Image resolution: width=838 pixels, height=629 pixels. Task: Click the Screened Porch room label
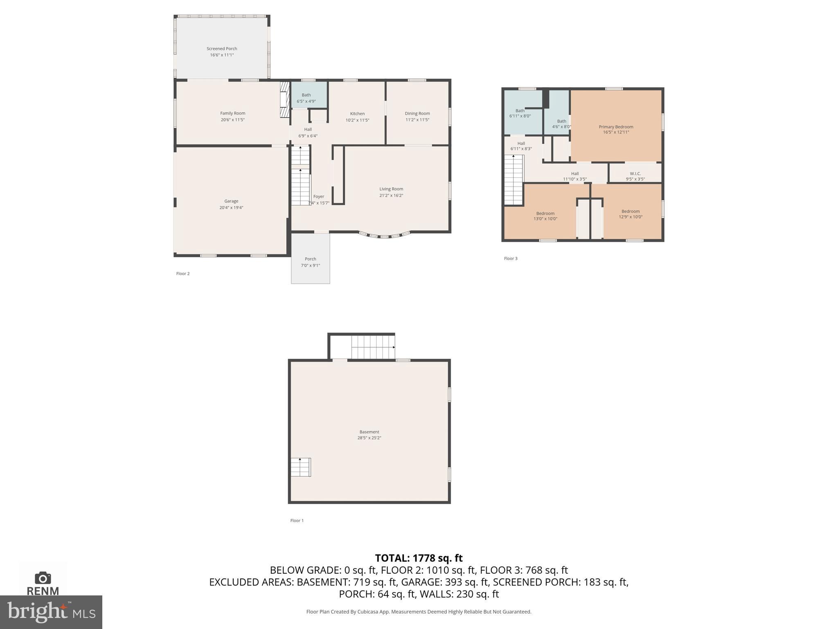click(x=221, y=49)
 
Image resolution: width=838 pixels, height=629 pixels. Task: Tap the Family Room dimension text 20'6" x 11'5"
click(x=232, y=120)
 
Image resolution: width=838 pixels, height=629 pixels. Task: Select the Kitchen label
click(x=357, y=114)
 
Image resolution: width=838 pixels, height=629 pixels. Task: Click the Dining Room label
click(x=417, y=114)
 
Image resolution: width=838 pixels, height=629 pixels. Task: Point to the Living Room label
click(x=391, y=189)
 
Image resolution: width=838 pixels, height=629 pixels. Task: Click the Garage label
click(x=231, y=201)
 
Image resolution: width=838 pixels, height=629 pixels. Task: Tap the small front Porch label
click(x=310, y=259)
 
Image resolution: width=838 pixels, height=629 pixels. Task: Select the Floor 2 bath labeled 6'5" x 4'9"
click(x=306, y=98)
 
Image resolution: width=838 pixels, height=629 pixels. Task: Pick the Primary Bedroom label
click(x=615, y=127)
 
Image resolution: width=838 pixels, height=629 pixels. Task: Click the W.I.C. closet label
click(x=635, y=174)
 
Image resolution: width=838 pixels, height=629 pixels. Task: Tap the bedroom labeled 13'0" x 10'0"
click(x=545, y=216)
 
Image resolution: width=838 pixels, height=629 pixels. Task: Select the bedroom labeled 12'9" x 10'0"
click(x=630, y=214)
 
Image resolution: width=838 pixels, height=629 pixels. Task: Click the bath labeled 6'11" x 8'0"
click(x=520, y=113)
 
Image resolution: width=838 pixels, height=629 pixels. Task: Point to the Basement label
click(x=369, y=432)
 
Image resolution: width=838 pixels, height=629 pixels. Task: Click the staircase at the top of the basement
click(x=373, y=347)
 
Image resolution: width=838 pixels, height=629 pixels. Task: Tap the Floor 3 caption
click(x=510, y=258)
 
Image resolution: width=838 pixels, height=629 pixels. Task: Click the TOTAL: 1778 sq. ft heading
click(x=419, y=558)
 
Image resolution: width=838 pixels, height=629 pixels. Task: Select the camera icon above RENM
click(x=43, y=578)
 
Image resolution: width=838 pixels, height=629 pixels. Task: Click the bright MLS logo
click(x=51, y=612)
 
